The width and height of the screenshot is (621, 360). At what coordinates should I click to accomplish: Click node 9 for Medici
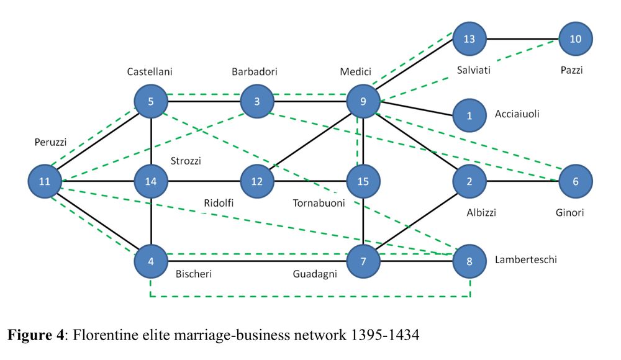pyautogui.click(x=363, y=101)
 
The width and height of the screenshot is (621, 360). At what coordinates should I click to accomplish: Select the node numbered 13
pyautogui.click(x=469, y=39)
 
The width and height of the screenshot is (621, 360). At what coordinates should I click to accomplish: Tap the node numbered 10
pyautogui.click(x=576, y=39)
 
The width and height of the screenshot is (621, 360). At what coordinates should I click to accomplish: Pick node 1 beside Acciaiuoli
pyautogui.click(x=469, y=115)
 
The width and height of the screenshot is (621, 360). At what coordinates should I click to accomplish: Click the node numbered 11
pyautogui.click(x=44, y=182)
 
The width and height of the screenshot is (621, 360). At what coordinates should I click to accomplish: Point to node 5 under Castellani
pyautogui.click(x=151, y=101)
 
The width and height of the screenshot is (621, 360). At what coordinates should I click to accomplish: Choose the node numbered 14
pyautogui.click(x=151, y=182)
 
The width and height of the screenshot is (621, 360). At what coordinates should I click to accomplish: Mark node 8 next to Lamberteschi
pyautogui.click(x=469, y=261)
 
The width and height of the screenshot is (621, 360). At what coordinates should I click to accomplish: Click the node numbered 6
pyautogui.click(x=576, y=182)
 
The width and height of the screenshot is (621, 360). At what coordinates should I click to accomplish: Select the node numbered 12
pyautogui.click(x=257, y=182)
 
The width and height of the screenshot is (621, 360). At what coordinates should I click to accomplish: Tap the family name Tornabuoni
pyautogui.click(x=319, y=203)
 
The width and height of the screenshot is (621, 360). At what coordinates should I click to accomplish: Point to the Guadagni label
pyautogui.click(x=315, y=274)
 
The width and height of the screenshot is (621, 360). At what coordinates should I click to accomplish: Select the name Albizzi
pyautogui.click(x=481, y=213)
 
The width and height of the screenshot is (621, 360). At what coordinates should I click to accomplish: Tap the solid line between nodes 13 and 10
pyautogui.click(x=522, y=39)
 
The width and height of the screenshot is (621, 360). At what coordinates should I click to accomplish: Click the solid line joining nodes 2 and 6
pyautogui.click(x=522, y=182)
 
